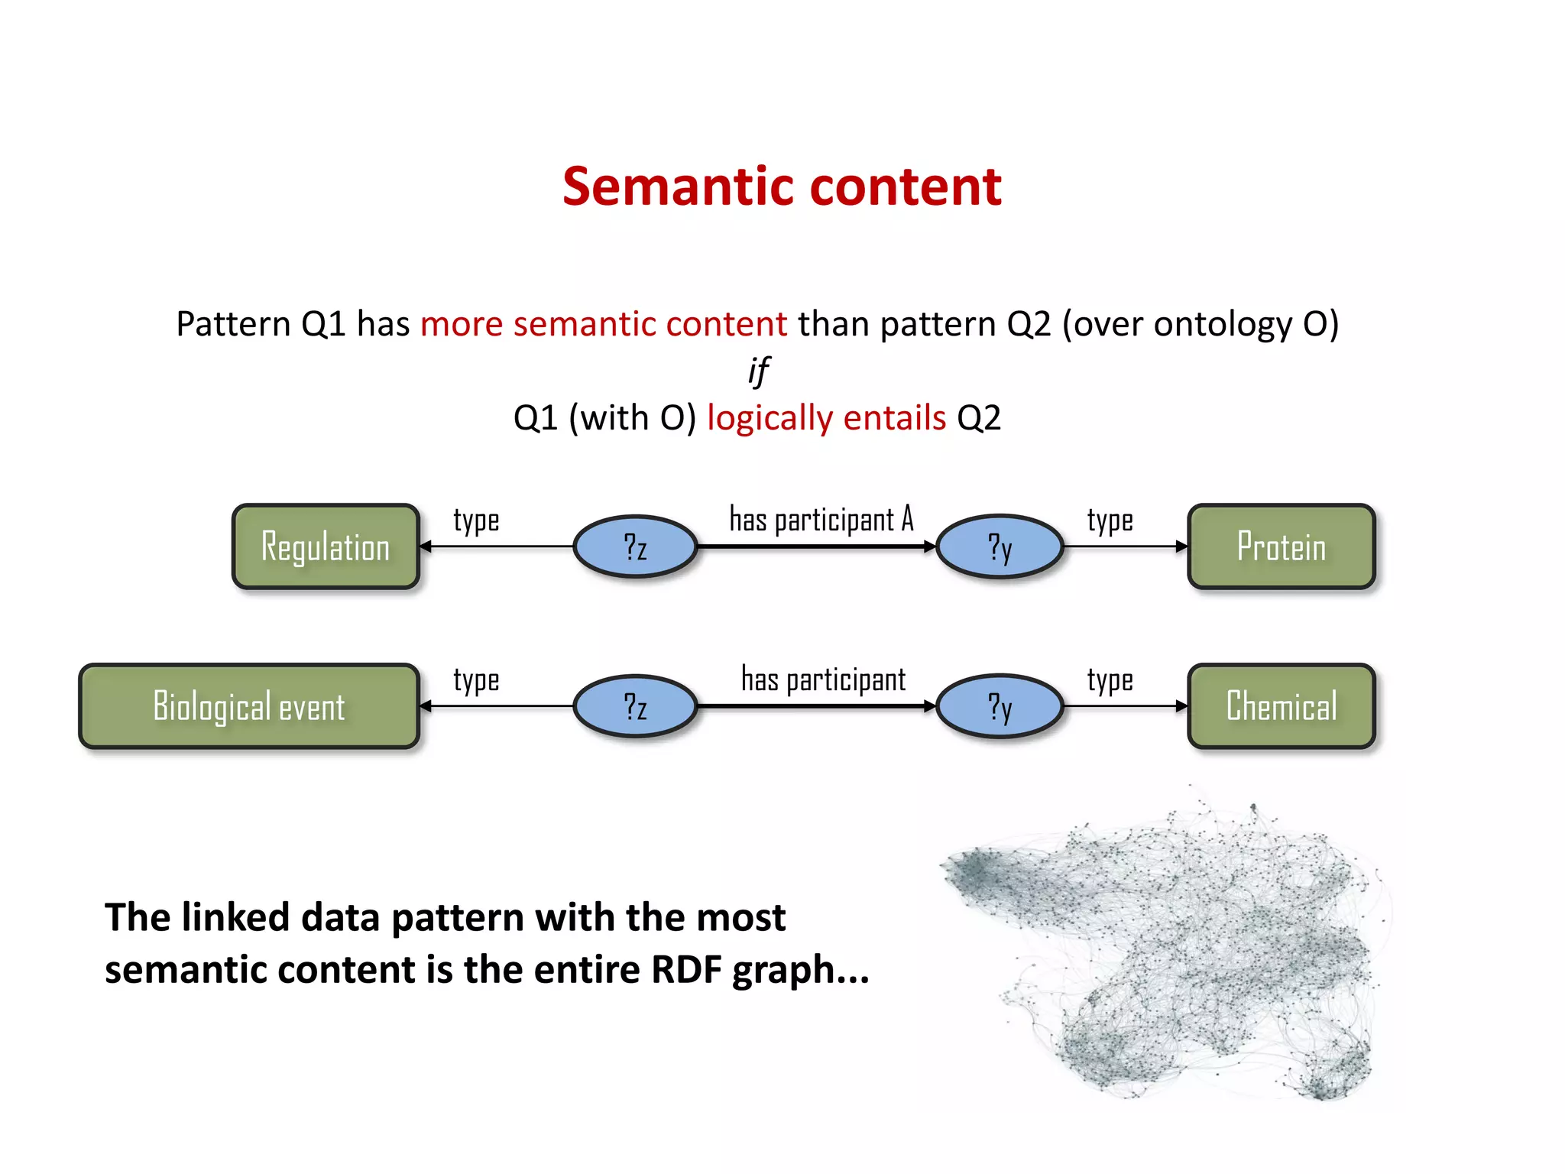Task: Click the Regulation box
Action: pyautogui.click(x=326, y=546)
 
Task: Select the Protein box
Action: pyautogui.click(x=1281, y=546)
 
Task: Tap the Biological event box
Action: pyautogui.click(x=249, y=706)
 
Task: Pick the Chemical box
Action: pyautogui.click(x=1281, y=706)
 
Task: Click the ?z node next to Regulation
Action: pyautogui.click(x=635, y=547)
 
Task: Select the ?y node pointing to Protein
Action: pyautogui.click(x=1000, y=547)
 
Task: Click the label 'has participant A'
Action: pyautogui.click(x=821, y=520)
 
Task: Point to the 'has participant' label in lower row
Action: pyautogui.click(x=823, y=679)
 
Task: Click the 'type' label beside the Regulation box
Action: pyautogui.click(x=476, y=521)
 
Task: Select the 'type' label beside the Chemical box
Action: pyautogui.click(x=1110, y=680)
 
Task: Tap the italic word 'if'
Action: pyautogui.click(x=758, y=371)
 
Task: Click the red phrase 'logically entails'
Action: pyautogui.click(x=826, y=418)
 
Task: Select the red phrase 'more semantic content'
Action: pyautogui.click(x=603, y=324)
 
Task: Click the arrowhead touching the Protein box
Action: pyautogui.click(x=1181, y=546)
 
